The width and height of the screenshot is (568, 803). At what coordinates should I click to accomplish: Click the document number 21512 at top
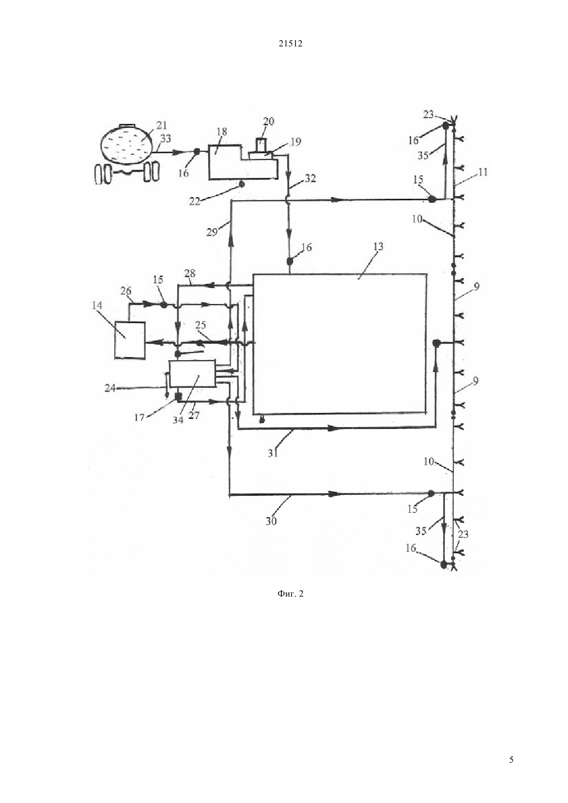(290, 44)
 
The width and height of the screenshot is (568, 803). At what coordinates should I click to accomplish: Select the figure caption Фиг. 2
(290, 593)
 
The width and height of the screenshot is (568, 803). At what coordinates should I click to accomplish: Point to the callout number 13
(378, 247)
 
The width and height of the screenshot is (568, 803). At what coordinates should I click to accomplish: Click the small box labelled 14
(130, 340)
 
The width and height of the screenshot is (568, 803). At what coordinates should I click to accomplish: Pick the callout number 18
(222, 132)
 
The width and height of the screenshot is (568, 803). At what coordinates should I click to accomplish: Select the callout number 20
(268, 122)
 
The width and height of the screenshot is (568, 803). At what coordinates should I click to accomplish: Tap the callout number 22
(195, 201)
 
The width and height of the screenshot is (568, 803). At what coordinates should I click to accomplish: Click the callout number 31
(273, 453)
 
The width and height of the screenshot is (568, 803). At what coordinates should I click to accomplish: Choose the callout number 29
(212, 232)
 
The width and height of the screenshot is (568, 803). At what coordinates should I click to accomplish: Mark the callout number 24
(110, 388)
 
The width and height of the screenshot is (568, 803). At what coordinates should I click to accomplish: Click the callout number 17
(139, 417)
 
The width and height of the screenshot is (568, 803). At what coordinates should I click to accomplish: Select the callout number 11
(483, 172)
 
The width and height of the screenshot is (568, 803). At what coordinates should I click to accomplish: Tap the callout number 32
(310, 178)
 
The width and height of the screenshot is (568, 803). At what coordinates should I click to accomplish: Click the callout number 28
(190, 274)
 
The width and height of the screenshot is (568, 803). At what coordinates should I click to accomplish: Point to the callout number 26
(126, 291)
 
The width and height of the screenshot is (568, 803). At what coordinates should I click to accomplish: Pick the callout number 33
(166, 138)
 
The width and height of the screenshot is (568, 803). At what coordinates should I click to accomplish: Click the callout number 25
(200, 325)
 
